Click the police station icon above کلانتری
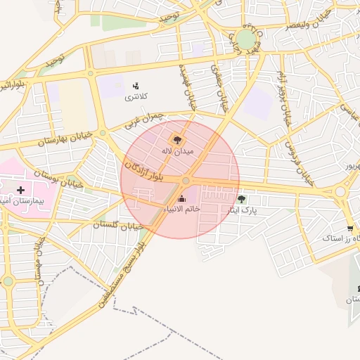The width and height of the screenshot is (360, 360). coord(136,85)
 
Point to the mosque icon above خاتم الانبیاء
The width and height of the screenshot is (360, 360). coord(183,199)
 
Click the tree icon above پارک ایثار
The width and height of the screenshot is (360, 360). coord(241,199)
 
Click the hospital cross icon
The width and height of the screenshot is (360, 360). coord(20,190)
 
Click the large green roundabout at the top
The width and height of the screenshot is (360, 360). coord(245,39)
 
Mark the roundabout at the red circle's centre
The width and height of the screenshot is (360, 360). coord(186,181)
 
